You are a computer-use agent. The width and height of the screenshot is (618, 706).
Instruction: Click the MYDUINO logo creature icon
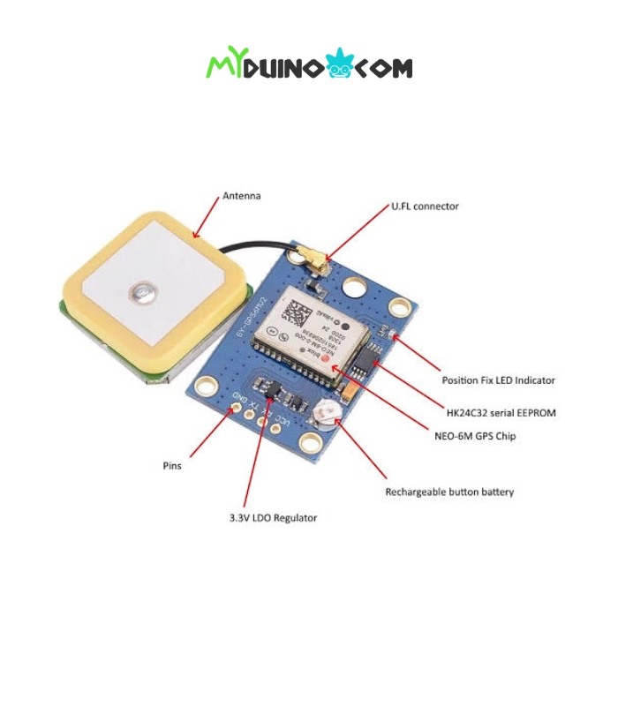[x=338, y=64]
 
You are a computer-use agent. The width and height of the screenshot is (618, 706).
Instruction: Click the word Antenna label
[x=241, y=195]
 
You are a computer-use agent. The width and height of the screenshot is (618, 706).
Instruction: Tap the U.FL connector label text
[x=425, y=207]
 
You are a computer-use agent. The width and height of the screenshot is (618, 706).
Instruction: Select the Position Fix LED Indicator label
[x=498, y=380]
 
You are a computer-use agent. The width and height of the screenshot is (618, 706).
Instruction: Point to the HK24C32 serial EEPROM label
[x=501, y=412]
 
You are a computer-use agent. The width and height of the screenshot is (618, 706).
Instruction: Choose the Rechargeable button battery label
[x=449, y=492]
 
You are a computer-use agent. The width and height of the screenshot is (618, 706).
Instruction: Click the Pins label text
[x=172, y=465]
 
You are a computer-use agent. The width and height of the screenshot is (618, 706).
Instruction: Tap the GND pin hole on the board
[x=237, y=409]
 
